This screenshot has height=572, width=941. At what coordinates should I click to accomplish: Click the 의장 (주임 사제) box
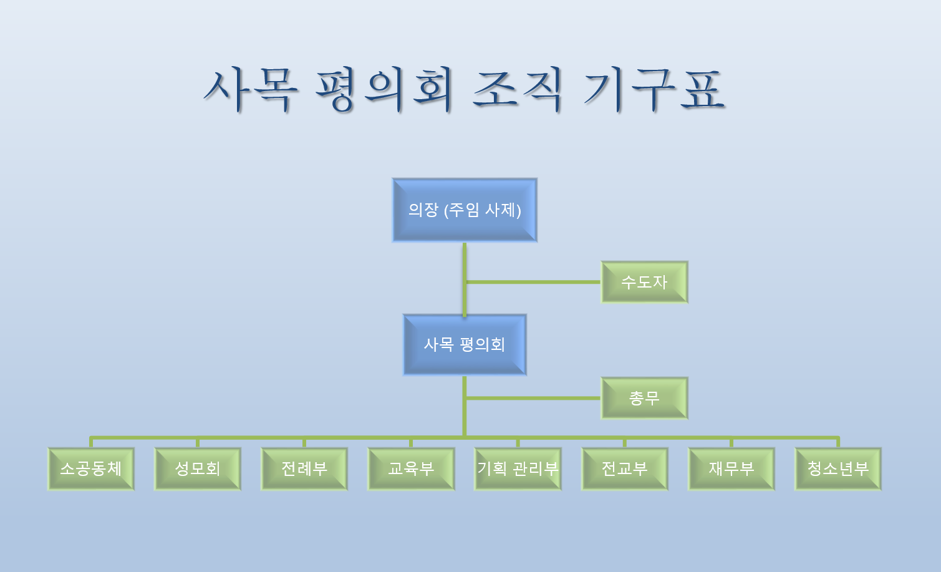[x=465, y=210]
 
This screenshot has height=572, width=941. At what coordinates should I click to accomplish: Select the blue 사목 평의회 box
[x=465, y=344]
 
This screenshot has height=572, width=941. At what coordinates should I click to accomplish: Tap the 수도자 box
[x=644, y=282]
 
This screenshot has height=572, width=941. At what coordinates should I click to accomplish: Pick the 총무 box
[x=644, y=398]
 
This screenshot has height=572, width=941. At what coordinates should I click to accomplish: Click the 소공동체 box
[x=91, y=468]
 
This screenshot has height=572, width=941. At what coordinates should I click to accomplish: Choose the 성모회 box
[x=198, y=468]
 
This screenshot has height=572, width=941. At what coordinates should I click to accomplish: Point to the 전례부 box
[x=304, y=468]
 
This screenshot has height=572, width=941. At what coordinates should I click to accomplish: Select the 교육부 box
[x=411, y=468]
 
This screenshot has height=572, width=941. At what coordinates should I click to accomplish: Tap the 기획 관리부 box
[x=518, y=468]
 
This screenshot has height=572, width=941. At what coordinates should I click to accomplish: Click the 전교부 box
[x=625, y=468]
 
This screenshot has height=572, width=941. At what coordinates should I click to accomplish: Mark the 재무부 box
[x=731, y=468]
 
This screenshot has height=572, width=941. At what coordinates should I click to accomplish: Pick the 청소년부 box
[x=838, y=468]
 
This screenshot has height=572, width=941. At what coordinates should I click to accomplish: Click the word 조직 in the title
[x=518, y=90]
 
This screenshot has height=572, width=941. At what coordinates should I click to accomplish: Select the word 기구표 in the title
[x=655, y=90]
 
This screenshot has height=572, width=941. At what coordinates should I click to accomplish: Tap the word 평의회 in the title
[x=384, y=90]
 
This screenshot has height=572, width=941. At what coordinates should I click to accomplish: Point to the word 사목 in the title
[x=251, y=90]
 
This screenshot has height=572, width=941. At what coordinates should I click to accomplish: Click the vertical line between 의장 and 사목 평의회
[x=465, y=279]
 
